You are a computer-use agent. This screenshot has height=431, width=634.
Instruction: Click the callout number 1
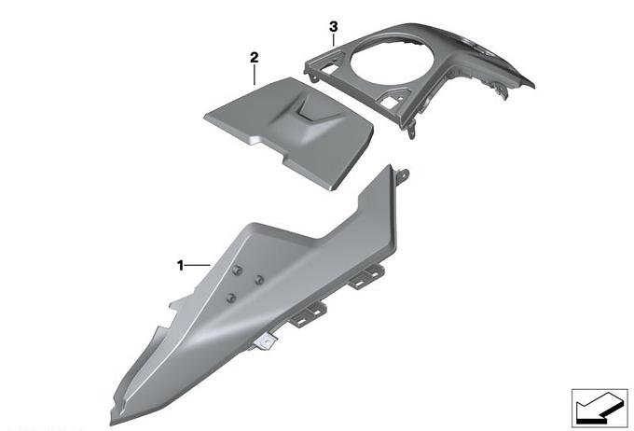click(180, 266)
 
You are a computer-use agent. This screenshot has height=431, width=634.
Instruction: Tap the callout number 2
click(254, 58)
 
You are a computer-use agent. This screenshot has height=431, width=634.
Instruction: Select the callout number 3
click(333, 27)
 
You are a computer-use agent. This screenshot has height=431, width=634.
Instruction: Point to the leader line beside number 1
click(198, 265)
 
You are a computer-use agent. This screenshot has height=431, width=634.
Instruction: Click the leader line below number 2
click(254, 75)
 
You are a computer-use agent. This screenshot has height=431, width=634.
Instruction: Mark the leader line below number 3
click(333, 40)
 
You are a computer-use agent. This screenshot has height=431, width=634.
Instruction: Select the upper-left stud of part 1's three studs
click(238, 271)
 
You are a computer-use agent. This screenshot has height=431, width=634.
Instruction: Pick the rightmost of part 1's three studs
click(259, 279)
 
